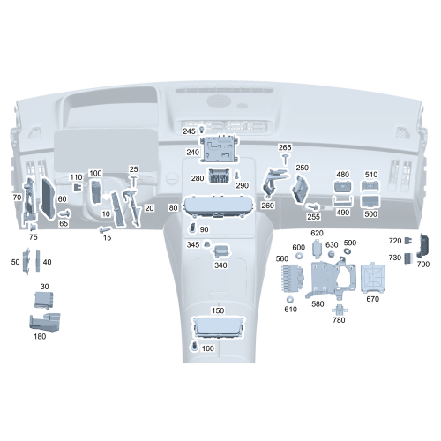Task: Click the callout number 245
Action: tap(189, 131)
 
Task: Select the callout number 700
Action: tap(422, 264)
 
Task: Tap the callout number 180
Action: tap(40, 336)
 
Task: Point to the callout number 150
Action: tap(218, 310)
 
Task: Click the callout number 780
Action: tap(339, 320)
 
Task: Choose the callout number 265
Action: tap(285, 147)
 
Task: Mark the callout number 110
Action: tap(76, 177)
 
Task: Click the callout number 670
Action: tap(373, 299)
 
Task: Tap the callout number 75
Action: tap(33, 237)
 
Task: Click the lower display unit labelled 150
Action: tap(218, 327)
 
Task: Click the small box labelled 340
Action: tap(221, 251)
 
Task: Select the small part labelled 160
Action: tap(193, 348)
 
